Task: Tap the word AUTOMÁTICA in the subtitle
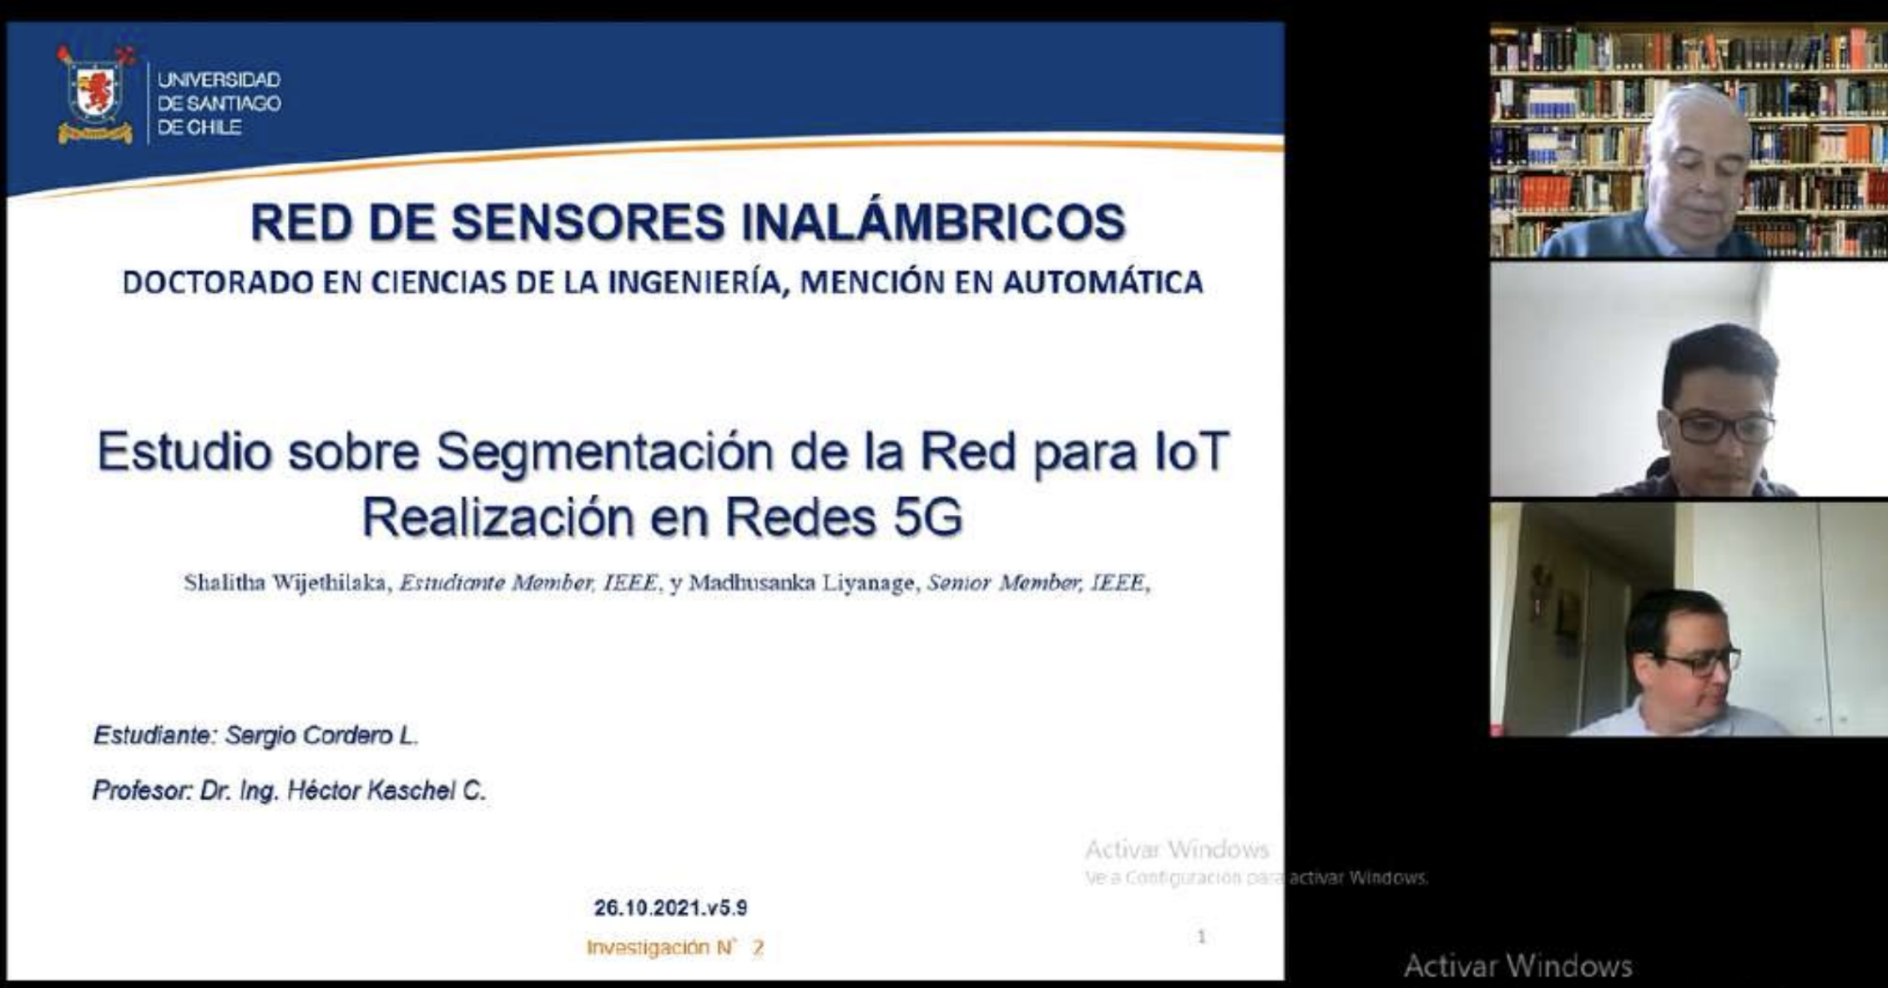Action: tap(1103, 282)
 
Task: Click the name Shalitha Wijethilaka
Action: tap(285, 583)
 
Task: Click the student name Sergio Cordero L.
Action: tap(322, 735)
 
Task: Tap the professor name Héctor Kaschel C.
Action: tap(386, 790)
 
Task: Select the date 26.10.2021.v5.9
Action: tap(670, 908)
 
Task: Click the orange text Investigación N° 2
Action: tap(674, 947)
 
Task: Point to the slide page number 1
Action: tap(1202, 936)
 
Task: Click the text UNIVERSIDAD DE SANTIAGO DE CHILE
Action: tap(219, 103)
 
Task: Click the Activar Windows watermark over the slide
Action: tap(1177, 849)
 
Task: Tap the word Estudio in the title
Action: tap(184, 451)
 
